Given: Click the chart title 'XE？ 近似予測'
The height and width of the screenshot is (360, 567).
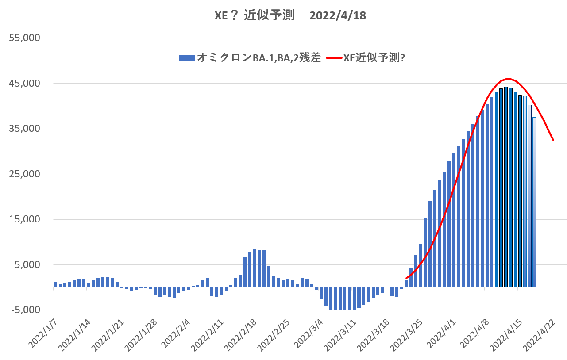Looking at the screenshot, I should tap(255, 15).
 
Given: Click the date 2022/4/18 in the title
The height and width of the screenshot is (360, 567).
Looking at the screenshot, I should tap(338, 15).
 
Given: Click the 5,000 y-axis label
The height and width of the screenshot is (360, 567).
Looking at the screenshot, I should tap(27, 265).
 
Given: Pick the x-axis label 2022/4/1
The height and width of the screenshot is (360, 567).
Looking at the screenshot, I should tap(441, 331).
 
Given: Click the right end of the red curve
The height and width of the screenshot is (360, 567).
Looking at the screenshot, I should tap(553, 140).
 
